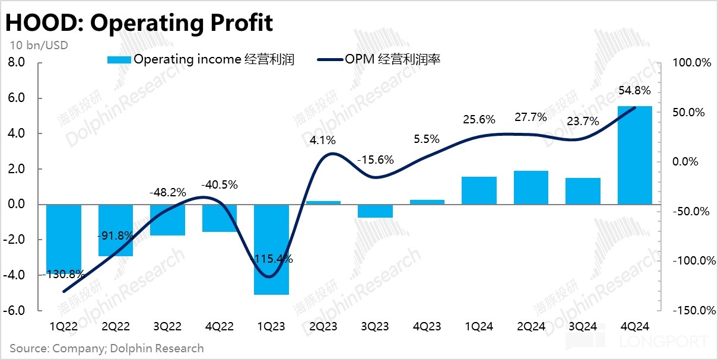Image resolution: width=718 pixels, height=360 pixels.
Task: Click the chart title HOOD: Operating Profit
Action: coord(139,23)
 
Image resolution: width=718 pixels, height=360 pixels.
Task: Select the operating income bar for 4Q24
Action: coord(635,155)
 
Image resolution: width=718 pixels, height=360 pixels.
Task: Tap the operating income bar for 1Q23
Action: coord(271,249)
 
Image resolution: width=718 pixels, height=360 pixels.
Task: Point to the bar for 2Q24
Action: coord(531,187)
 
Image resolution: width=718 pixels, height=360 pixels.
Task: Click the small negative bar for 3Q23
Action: coord(375,211)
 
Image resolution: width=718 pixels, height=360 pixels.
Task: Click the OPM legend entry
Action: coord(379,59)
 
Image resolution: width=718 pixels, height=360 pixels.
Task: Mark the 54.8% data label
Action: coord(634,91)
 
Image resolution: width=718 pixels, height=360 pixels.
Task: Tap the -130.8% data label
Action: coord(64,275)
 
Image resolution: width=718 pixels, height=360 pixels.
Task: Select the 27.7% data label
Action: coord(530,117)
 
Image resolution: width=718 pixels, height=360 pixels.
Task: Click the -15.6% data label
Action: coord(375,160)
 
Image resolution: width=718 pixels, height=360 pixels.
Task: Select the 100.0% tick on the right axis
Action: coord(691,63)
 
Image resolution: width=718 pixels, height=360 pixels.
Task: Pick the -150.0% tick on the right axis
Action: coord(690,310)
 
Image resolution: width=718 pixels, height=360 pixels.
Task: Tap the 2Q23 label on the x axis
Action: coord(323,327)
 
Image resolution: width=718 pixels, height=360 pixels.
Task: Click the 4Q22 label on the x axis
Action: coord(220,327)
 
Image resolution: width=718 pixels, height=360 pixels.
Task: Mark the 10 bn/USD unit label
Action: coord(39,44)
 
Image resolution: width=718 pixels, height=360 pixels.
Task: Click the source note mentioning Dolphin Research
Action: coord(107,348)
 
